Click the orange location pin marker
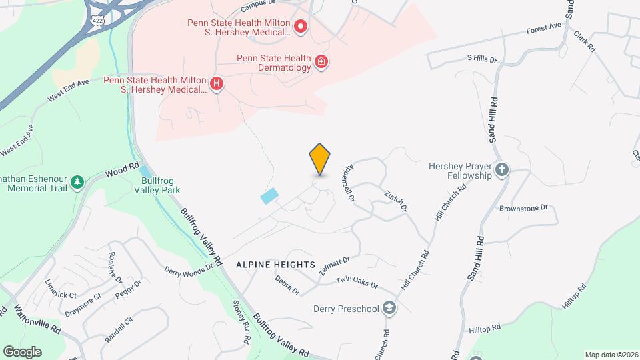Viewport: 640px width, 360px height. point(320,159)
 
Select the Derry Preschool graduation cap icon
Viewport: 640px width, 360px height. point(389,308)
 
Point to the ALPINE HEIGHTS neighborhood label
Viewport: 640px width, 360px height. point(275,265)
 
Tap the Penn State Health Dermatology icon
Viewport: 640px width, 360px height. point(321,62)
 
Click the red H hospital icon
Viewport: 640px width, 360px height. point(216,83)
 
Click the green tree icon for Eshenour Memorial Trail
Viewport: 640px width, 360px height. point(77,181)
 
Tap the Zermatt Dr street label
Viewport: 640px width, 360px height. point(334,262)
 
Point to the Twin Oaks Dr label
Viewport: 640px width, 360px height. point(357,283)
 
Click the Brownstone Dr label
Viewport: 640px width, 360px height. point(523,208)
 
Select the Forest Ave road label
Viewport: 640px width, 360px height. point(544,28)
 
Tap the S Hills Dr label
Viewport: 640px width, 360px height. point(483,59)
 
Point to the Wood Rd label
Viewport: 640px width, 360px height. point(122,171)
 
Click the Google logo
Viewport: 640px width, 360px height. point(22,351)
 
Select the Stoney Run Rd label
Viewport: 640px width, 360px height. point(241,323)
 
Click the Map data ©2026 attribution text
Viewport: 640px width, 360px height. point(611,355)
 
